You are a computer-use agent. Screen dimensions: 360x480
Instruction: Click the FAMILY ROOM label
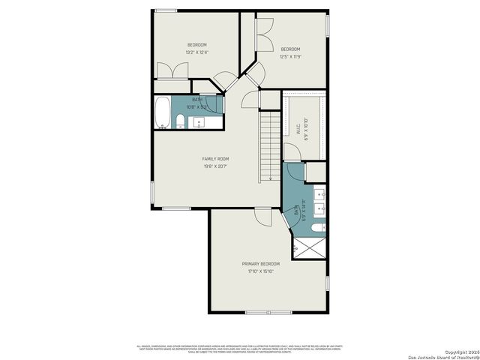pyautogui.click(x=215, y=159)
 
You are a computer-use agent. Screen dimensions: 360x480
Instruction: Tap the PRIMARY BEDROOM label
pyautogui.click(x=260, y=264)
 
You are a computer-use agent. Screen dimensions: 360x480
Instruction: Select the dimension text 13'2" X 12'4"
pyautogui.click(x=196, y=52)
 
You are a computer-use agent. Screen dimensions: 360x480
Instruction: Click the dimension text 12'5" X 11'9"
pyautogui.click(x=290, y=56)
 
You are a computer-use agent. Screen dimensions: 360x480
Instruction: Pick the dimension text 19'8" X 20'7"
pyautogui.click(x=215, y=166)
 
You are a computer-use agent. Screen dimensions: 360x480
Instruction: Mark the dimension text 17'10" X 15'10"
pyautogui.click(x=260, y=271)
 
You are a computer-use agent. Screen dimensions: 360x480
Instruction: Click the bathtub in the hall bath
pyautogui.click(x=163, y=112)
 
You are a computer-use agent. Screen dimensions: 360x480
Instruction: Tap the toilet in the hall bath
pyautogui.click(x=181, y=122)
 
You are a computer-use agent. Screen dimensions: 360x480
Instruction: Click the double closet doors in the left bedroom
pyautogui.click(x=172, y=70)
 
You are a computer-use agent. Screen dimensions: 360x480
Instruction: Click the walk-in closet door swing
pyautogui.click(x=293, y=153)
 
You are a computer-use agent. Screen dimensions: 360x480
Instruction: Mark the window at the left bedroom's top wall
pyautogui.click(x=166, y=10)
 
